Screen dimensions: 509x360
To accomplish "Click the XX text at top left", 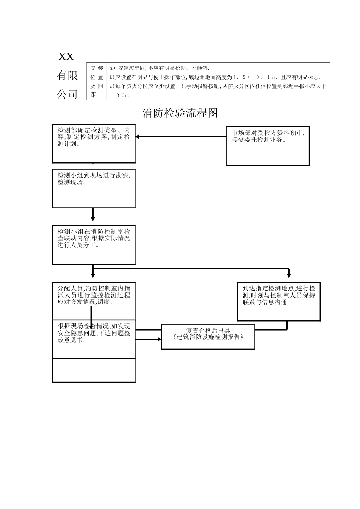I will point(66,57).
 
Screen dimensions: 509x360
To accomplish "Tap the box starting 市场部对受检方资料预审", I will point(268,146).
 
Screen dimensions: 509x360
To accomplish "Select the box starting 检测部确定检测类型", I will point(94,143).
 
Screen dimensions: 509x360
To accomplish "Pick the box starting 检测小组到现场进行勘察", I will point(94,188).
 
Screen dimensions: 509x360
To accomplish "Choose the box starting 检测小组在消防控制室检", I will point(94,245).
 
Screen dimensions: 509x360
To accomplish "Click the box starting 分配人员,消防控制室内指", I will point(94,301).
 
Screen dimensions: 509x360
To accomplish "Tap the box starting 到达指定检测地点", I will point(279,301).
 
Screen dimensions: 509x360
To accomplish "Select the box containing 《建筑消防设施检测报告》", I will point(208,337).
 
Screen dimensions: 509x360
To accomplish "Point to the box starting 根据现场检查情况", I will point(94,339).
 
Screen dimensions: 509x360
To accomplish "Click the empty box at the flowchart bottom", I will point(94,370).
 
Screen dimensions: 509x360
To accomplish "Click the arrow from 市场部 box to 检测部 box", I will point(181,137).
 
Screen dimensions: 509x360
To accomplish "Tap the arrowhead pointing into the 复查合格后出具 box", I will point(159,339).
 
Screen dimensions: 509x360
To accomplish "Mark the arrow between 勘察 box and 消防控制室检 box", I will point(93,215).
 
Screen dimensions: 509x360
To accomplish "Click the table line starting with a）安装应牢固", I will point(159,68).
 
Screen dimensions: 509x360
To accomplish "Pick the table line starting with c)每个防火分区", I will point(218,86).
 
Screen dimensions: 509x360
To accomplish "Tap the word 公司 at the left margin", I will point(67,94).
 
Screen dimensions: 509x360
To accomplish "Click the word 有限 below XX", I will point(67,75).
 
